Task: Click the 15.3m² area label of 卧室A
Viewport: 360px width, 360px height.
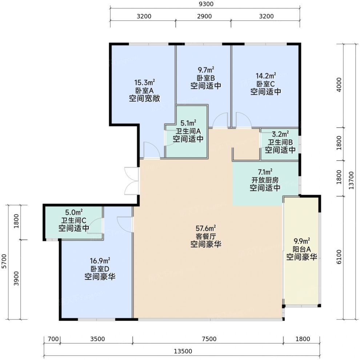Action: pyautogui.click(x=144, y=82)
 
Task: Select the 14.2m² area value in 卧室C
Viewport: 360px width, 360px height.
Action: pyautogui.click(x=266, y=76)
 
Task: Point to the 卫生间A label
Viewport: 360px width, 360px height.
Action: pyautogui.click(x=188, y=131)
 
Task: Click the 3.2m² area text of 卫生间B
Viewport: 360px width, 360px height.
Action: pyautogui.click(x=280, y=134)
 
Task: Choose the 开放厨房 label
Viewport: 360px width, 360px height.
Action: pyautogui.click(x=265, y=180)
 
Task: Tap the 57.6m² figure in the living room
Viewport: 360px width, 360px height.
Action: pyautogui.click(x=206, y=228)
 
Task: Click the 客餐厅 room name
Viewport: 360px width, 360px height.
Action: pyautogui.click(x=206, y=236)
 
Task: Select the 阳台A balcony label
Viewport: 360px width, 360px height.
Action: pyautogui.click(x=302, y=249)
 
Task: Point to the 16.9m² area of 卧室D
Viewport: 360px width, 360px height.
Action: pyautogui.click(x=100, y=261)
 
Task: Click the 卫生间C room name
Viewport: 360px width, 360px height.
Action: pyautogui.click(x=73, y=221)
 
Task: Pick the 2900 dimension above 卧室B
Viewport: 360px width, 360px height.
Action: pyautogui.click(x=204, y=16)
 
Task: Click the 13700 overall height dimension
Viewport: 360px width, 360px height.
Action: pyautogui.click(x=351, y=181)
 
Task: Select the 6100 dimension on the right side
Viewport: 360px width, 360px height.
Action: pyautogui.click(x=339, y=257)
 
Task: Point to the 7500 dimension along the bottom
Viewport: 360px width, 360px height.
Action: pyautogui.click(x=209, y=339)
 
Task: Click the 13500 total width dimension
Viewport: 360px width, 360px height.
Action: pyautogui.click(x=183, y=351)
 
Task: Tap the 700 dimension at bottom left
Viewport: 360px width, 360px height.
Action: pyautogui.click(x=53, y=339)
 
